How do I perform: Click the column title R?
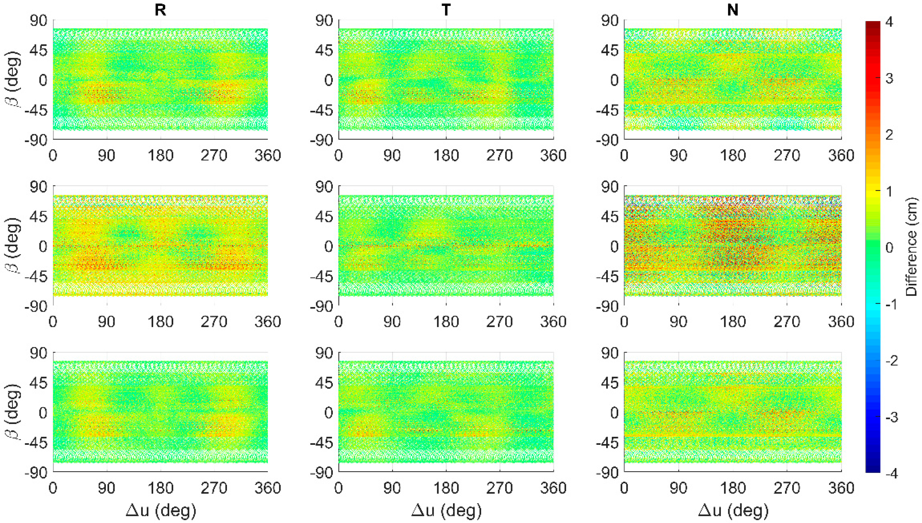coord(160,10)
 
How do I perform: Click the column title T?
coord(446,10)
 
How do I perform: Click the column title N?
coord(733,10)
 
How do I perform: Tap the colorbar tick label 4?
coord(889,22)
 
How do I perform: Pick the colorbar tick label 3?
coord(889,78)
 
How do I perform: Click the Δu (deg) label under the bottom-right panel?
coord(733,510)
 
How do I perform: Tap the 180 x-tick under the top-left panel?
coord(161,155)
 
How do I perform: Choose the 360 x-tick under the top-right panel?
coord(841,155)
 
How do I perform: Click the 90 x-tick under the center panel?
coord(392,321)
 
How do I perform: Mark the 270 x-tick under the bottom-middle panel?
coord(500,488)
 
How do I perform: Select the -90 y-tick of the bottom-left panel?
coord(36,473)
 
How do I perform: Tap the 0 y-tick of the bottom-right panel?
coord(614,413)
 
